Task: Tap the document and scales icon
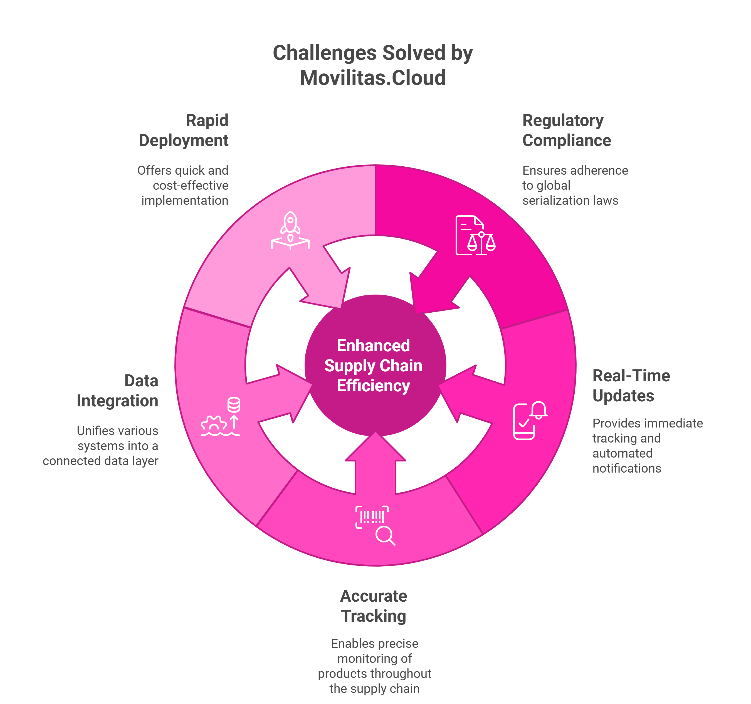[x=475, y=235]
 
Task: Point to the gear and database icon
[x=221, y=417]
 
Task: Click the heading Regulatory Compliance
[x=566, y=130]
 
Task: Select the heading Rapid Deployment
[x=184, y=130]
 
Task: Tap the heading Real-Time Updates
[x=631, y=386]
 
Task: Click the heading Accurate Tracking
[x=374, y=606]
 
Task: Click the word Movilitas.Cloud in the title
[x=373, y=78]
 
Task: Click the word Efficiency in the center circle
[x=373, y=386]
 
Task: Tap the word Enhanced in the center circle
[x=373, y=345]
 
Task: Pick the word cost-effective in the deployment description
[x=191, y=186]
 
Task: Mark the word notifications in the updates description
[x=627, y=468]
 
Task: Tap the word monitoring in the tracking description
[x=374, y=658]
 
